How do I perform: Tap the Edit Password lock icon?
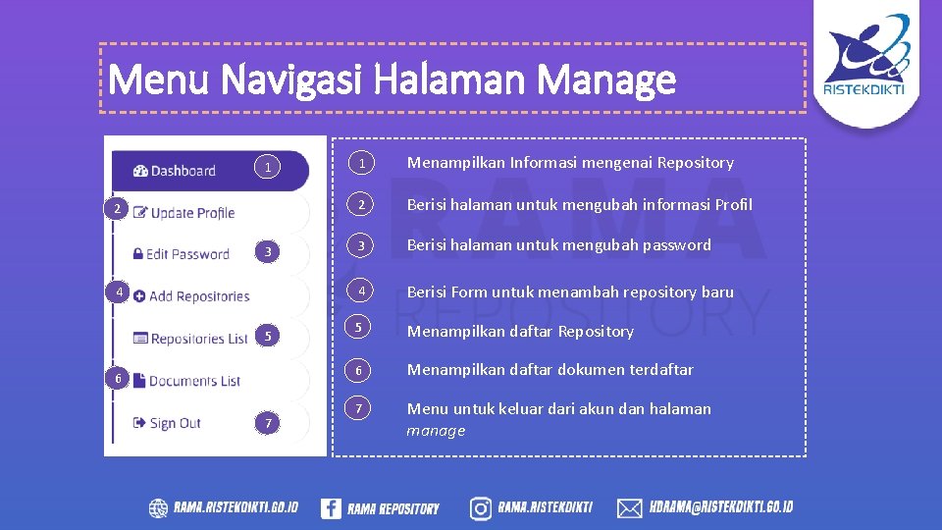click(137, 254)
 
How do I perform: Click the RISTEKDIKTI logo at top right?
click(864, 58)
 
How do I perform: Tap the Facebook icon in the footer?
click(331, 507)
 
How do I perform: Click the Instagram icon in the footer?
click(481, 507)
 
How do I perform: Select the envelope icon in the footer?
click(629, 507)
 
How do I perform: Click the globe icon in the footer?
click(158, 507)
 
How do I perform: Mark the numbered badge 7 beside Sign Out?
click(268, 423)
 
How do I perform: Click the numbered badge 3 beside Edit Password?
click(268, 253)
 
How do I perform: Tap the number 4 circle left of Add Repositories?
click(117, 292)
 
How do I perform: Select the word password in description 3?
click(678, 245)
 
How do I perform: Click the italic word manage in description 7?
click(436, 431)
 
